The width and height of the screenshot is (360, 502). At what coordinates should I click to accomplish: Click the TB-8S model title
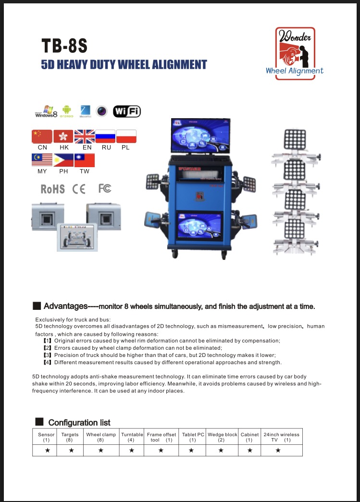point(64,46)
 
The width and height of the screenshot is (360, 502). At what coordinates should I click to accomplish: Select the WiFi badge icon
point(127,111)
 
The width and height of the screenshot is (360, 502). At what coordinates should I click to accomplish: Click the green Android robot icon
point(67,111)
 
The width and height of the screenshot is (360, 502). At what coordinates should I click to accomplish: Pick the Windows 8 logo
point(46,111)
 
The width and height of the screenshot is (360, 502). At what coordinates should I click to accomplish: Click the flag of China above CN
point(42,136)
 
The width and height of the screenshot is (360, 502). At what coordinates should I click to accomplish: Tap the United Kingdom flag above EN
point(85,136)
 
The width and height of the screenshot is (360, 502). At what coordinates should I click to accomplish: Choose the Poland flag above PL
point(126,136)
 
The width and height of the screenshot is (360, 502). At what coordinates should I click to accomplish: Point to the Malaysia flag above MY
point(42,160)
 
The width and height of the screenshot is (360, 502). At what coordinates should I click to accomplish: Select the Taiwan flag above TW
point(85,160)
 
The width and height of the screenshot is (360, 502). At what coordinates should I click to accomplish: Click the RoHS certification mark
point(53,189)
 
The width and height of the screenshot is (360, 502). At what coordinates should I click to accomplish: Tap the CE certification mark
point(79,189)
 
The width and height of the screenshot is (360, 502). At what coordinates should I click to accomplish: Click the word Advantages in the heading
point(65,306)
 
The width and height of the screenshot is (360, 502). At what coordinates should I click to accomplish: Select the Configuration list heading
point(79,423)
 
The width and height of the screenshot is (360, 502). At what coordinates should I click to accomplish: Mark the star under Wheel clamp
point(101,450)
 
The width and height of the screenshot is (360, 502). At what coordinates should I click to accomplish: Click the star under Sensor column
point(47,450)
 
